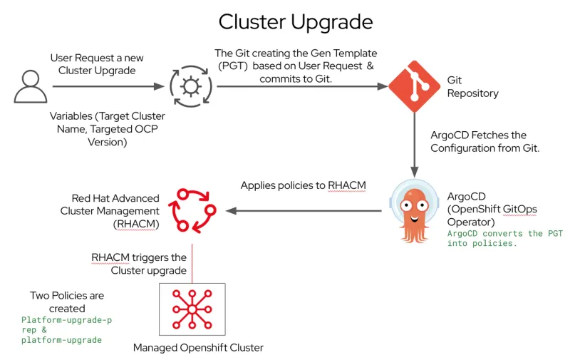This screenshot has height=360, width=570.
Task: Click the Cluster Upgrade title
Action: (x=295, y=21)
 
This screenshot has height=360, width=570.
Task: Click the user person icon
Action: (x=31, y=86)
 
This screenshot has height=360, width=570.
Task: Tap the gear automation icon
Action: (x=190, y=87)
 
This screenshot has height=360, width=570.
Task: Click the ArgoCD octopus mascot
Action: (x=414, y=212)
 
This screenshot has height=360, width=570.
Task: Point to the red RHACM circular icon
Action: (x=191, y=210)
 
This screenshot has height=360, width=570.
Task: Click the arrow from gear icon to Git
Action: (x=299, y=87)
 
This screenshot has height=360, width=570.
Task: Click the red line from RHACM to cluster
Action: (x=192, y=263)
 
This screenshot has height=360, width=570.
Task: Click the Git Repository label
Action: (x=472, y=87)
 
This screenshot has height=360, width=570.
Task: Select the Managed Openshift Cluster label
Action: (x=198, y=348)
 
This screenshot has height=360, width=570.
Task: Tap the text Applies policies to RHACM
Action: (x=303, y=185)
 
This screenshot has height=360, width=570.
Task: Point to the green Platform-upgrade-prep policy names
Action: (x=66, y=330)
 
